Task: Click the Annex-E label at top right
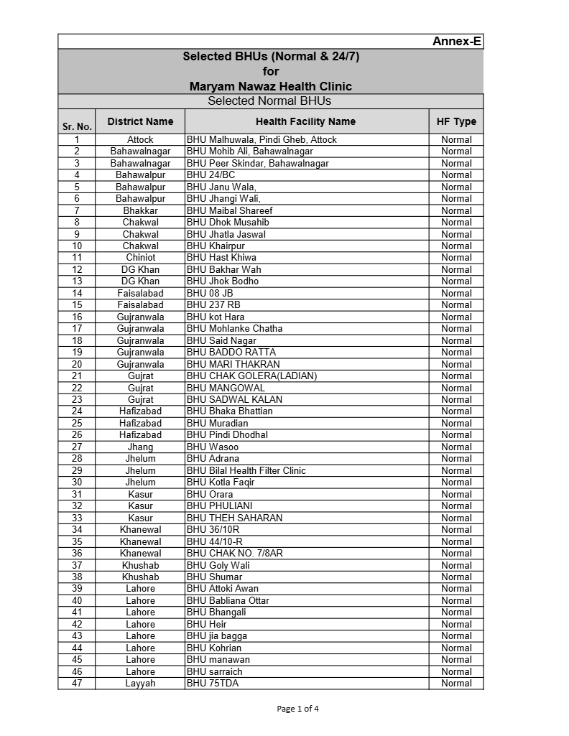point(456,42)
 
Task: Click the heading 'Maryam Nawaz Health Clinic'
point(270,86)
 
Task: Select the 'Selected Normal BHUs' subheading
point(270,101)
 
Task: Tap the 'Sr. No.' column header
point(77,126)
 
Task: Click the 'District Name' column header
point(140,121)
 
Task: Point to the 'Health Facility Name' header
point(305,121)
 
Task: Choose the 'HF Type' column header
point(456,121)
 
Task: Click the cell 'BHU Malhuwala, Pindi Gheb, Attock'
point(262,139)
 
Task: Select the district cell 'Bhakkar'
point(140,210)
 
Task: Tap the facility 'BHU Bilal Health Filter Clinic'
point(246,470)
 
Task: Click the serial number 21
point(77,376)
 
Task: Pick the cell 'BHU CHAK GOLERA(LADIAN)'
point(251,376)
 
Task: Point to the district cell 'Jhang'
point(140,447)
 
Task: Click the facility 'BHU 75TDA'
point(213,683)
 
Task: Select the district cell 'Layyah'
point(140,683)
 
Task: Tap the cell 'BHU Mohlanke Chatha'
point(235,328)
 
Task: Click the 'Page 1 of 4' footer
point(297,708)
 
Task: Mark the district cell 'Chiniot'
point(140,257)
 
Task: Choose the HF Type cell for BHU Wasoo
point(456,447)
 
